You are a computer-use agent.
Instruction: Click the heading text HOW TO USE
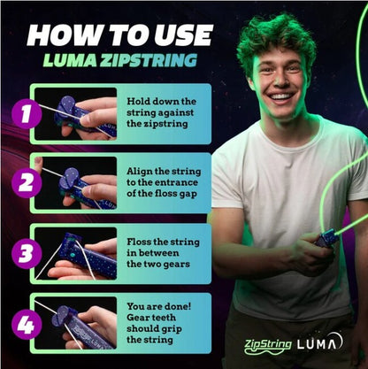point(119,35)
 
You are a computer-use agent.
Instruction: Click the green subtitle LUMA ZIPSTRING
point(119,61)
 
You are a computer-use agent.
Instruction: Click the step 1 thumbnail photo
point(76,113)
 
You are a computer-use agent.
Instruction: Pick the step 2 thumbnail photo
point(76,183)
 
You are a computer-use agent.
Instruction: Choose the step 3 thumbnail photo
point(76,253)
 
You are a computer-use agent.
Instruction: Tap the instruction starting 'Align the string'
point(164,182)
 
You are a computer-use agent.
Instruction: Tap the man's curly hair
point(274,35)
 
